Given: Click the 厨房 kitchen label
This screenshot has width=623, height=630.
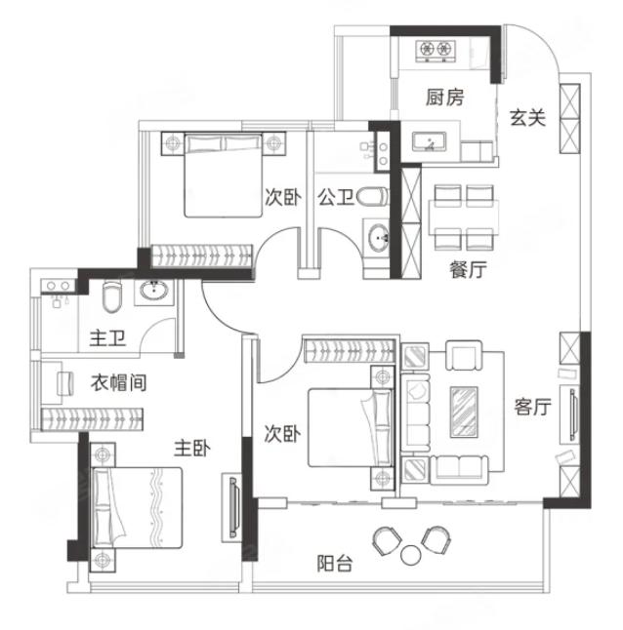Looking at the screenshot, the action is tap(444, 98).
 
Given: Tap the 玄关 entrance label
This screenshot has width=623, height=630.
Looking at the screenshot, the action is tap(527, 118).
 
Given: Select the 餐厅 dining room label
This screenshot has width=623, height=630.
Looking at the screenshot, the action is tap(468, 269).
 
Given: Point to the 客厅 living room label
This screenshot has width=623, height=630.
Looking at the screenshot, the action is tap(532, 407).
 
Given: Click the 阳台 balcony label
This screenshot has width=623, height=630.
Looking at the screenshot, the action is tap(335, 564).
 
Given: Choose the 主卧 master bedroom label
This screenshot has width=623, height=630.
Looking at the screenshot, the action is tap(191, 449).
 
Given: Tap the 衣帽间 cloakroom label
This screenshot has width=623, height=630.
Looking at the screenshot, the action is tap(118, 382).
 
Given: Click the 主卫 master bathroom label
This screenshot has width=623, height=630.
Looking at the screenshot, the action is tap(107, 337).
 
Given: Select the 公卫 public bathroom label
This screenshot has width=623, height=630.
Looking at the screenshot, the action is tap(336, 197).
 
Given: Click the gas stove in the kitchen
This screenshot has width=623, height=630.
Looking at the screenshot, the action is tap(436, 51).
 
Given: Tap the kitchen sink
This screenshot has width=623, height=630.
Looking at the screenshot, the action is tap(429, 142).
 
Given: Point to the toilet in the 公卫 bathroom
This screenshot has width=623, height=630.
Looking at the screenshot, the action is tap(372, 197).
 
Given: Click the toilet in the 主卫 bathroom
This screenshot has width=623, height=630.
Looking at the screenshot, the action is tap(111, 296).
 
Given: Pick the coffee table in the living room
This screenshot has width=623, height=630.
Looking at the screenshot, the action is tap(464, 412).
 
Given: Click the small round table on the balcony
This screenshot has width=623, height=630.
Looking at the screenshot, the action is tap(411, 555).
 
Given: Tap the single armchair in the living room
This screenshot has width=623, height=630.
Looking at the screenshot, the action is tap(464, 356).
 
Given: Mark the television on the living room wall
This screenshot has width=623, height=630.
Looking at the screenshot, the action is tap(574, 414).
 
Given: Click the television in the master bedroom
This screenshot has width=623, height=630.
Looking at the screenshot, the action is tap(234, 506).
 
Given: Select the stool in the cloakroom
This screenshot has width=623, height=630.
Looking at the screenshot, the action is tap(65, 383).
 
